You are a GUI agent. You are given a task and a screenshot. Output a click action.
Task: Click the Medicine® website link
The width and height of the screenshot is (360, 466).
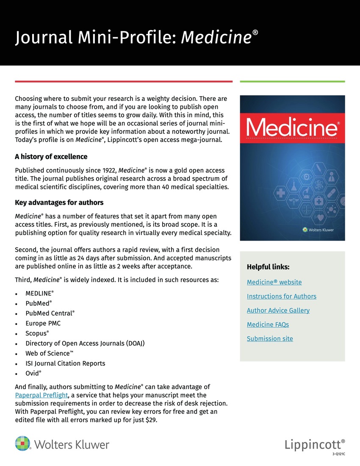[274, 282]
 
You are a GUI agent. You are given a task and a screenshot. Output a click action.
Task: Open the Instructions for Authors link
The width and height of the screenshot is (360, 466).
[281, 296]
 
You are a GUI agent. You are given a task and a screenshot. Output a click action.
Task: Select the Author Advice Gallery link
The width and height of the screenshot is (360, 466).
[278, 310]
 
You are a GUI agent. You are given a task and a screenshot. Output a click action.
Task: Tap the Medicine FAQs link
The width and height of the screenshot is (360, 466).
[268, 325]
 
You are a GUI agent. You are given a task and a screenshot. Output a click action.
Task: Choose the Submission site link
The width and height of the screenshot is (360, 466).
[270, 338]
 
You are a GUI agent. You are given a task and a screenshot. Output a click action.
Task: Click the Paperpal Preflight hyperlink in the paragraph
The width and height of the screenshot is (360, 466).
[42, 395]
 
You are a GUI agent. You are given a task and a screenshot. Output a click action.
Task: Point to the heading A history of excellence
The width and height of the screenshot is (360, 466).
[51, 157]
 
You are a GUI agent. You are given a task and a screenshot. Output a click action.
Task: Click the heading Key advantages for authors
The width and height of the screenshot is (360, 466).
[59, 202]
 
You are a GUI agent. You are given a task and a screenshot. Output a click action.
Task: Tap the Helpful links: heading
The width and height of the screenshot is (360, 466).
[268, 267]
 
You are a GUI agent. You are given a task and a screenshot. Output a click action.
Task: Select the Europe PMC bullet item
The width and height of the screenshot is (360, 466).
[43, 323]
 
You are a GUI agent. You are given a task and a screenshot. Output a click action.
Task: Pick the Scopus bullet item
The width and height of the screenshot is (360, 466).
[37, 333]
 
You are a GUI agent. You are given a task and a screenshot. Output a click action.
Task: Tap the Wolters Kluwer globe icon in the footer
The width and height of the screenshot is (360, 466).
[23, 444]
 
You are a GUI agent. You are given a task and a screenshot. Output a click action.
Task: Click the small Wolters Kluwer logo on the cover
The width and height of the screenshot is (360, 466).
[318, 230]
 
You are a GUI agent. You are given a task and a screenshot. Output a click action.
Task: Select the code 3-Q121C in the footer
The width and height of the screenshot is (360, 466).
[339, 454]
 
